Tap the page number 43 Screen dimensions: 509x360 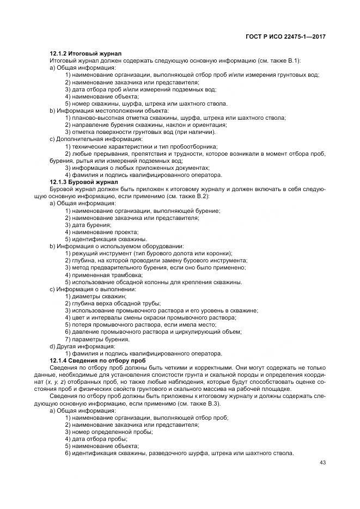tap(322, 463)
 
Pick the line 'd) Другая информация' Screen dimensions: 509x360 tap(82, 346)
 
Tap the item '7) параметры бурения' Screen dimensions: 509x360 tap(97, 339)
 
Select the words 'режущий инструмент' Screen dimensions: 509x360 tap(98, 253)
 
